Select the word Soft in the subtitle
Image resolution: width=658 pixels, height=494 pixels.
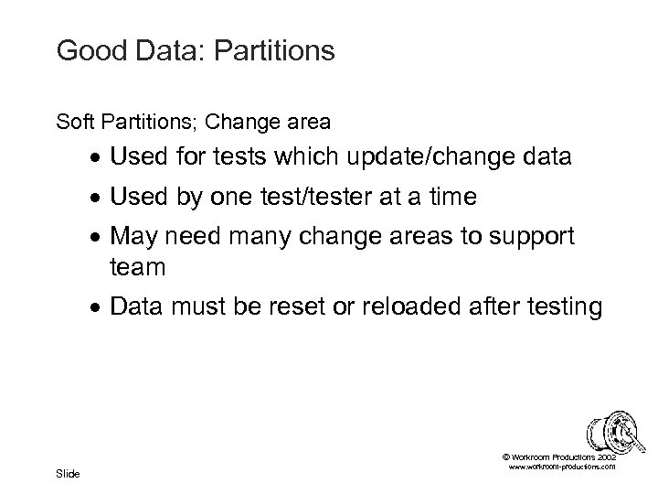[71, 119]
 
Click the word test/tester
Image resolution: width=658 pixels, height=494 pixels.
[332, 198]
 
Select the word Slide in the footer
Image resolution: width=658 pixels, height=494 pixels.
[68, 473]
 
